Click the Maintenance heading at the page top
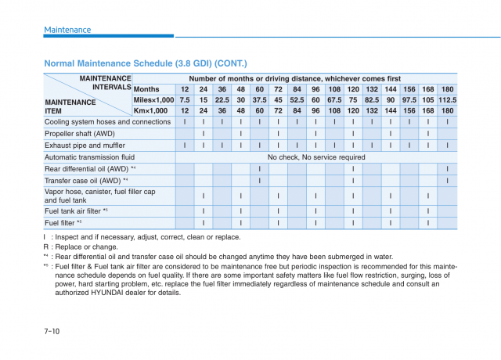tap(67, 30)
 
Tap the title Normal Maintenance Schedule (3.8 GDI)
tap(146, 63)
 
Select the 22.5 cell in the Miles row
tap(222, 100)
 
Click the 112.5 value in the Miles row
tap(447, 100)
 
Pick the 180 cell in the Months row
tap(447, 89)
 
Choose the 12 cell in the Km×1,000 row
tap(185, 110)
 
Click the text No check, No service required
tap(316, 157)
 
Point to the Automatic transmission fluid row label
tap(95, 157)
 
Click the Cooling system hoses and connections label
tap(107, 122)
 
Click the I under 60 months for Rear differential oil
tap(259, 169)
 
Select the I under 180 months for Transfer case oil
tap(447, 181)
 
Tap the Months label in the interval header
tap(146, 89)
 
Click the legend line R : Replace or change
tap(81, 247)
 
